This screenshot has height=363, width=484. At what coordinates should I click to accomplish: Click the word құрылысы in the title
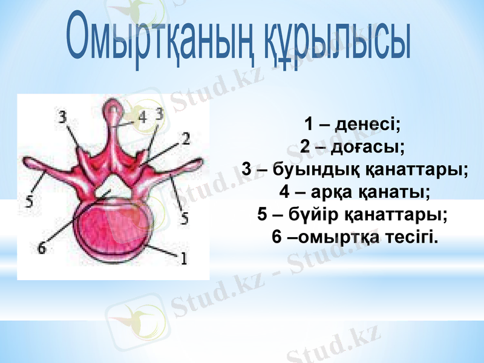tap(339, 42)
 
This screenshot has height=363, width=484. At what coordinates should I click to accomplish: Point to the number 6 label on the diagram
tap(41, 247)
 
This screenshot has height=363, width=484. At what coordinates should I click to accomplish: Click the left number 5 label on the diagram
tap(28, 201)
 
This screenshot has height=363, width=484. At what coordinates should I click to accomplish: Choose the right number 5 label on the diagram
tap(184, 217)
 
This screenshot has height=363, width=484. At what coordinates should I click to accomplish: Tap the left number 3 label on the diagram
tap(63, 117)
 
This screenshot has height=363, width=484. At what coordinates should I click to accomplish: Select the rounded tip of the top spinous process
tap(112, 110)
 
